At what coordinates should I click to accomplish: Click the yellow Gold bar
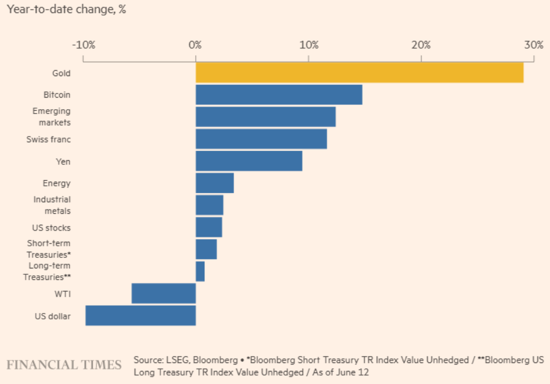pos(359,73)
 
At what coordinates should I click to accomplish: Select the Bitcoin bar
pos(279,95)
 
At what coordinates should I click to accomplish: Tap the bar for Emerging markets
pos(265,117)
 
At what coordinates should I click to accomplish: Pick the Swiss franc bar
pos(261,139)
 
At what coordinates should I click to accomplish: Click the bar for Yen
pos(248,161)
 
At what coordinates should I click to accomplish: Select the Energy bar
pos(214,183)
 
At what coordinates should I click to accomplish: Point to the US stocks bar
pos(208,227)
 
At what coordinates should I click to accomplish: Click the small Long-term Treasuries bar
pos(200,271)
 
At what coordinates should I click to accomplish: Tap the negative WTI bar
pos(163,293)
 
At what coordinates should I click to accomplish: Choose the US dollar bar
pos(140,315)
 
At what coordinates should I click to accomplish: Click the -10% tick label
pos(83,45)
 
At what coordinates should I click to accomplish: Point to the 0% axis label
pos(195,45)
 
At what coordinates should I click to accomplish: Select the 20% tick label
pos(421,45)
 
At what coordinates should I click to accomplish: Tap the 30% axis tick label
pos(533,45)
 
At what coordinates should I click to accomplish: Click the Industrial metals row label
pos(52,205)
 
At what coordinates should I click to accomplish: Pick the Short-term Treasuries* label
pos(49,249)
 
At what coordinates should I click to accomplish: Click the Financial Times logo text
pos(64,364)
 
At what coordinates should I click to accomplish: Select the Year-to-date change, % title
pos(66,10)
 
